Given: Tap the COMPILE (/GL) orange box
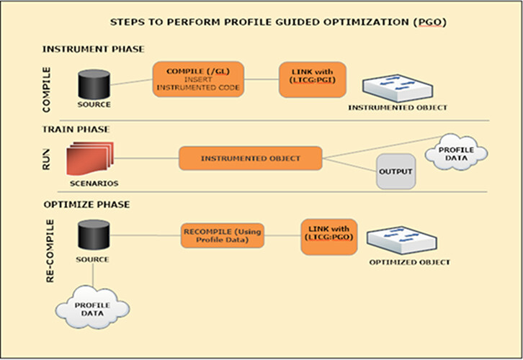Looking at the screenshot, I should [198, 78].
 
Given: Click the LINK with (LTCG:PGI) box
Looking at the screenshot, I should [312, 78].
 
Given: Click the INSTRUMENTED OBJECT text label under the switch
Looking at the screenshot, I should [398, 107].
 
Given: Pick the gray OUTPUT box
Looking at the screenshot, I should [395, 172].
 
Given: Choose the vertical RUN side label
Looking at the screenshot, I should [50, 158].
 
